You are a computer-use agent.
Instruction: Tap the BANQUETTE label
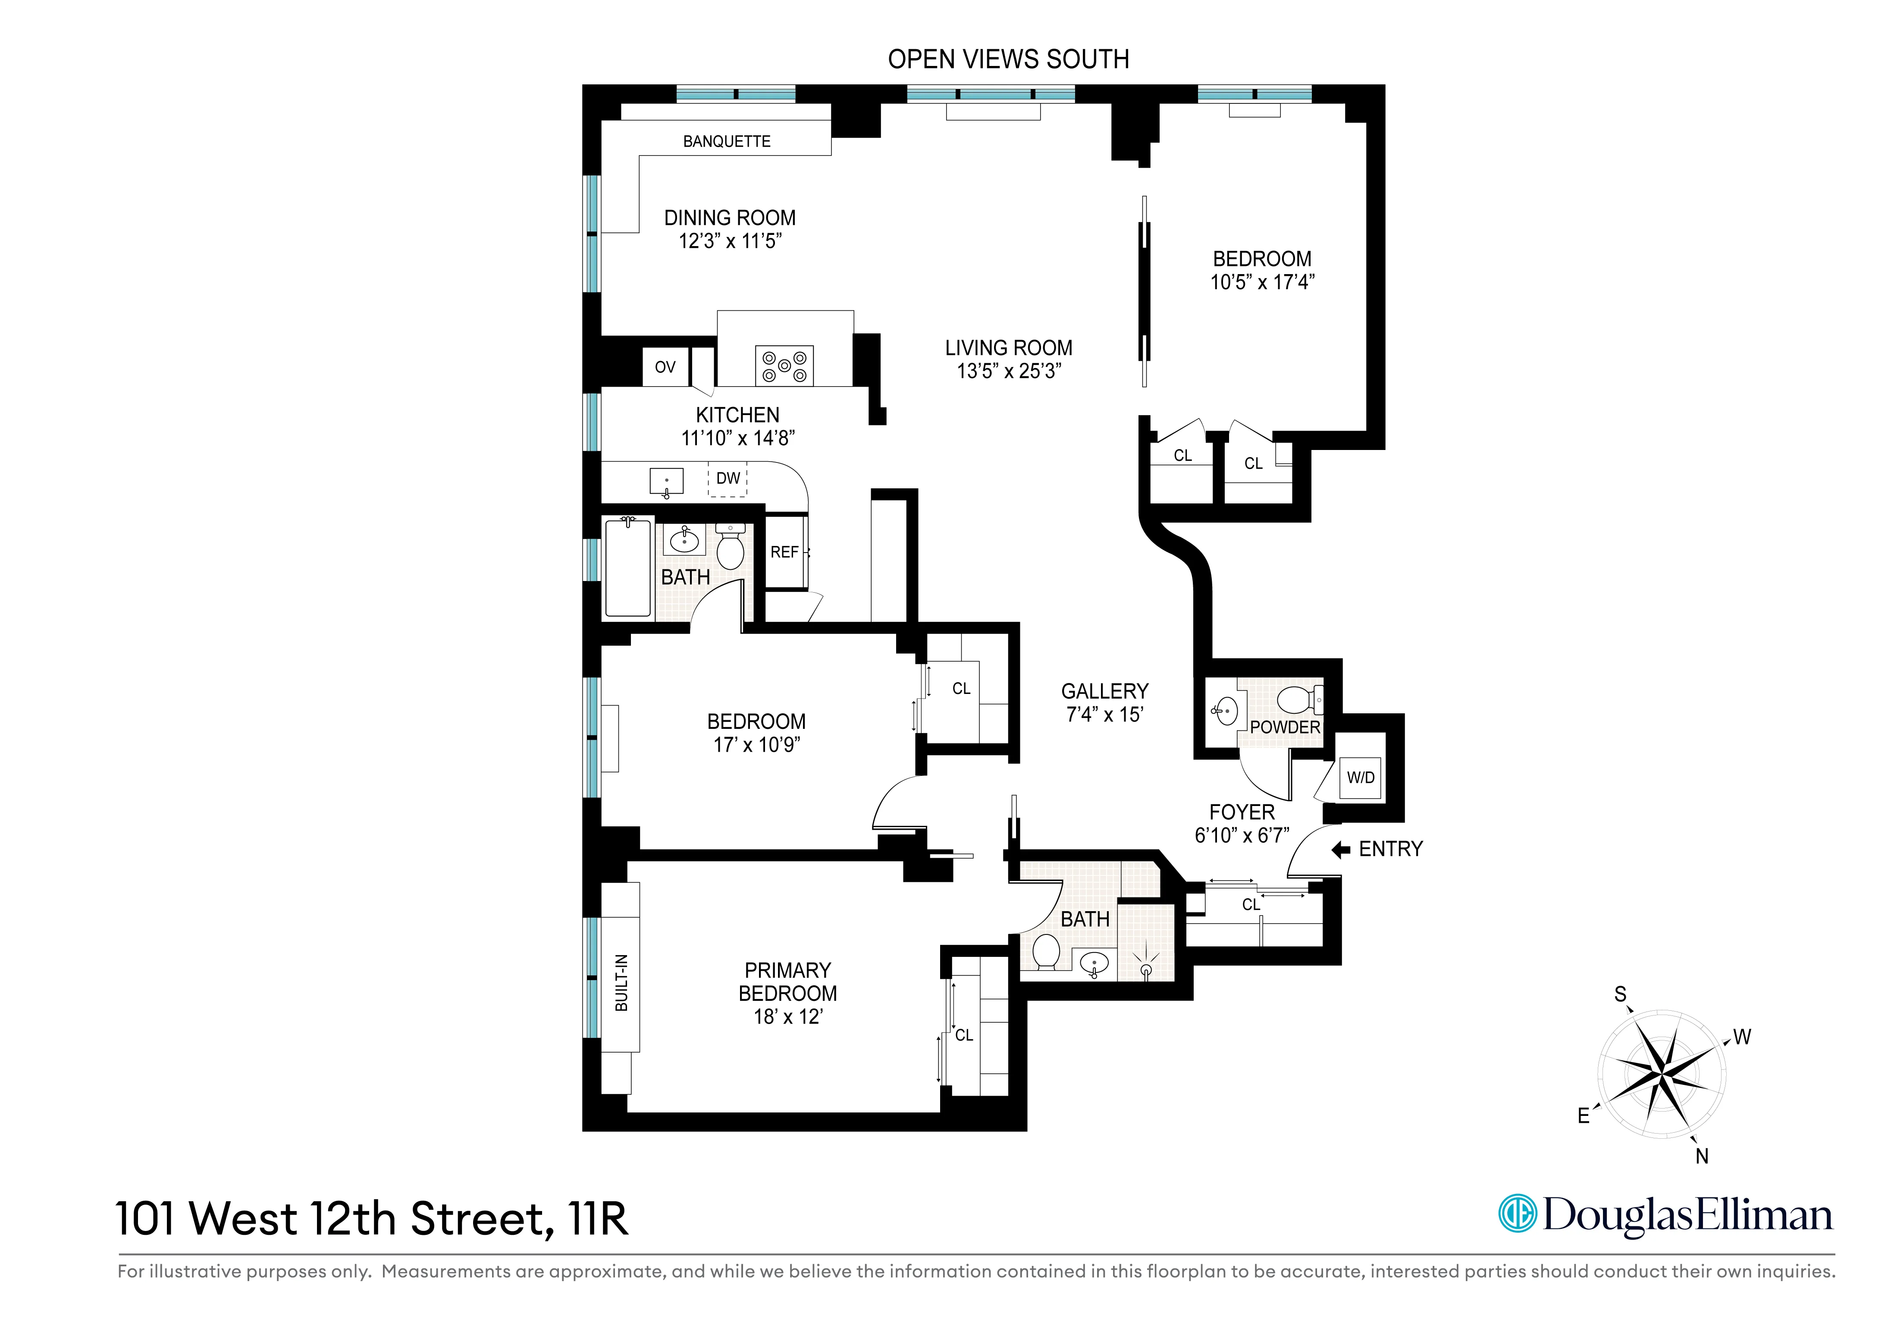point(727,141)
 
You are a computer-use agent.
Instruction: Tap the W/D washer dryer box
point(1360,778)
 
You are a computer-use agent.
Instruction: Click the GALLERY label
point(1104,691)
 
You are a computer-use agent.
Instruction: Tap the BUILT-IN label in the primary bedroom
point(622,983)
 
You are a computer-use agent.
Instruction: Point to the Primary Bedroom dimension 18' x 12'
point(788,1017)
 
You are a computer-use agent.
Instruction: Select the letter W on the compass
point(1742,1037)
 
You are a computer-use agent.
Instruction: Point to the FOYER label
point(1242,812)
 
